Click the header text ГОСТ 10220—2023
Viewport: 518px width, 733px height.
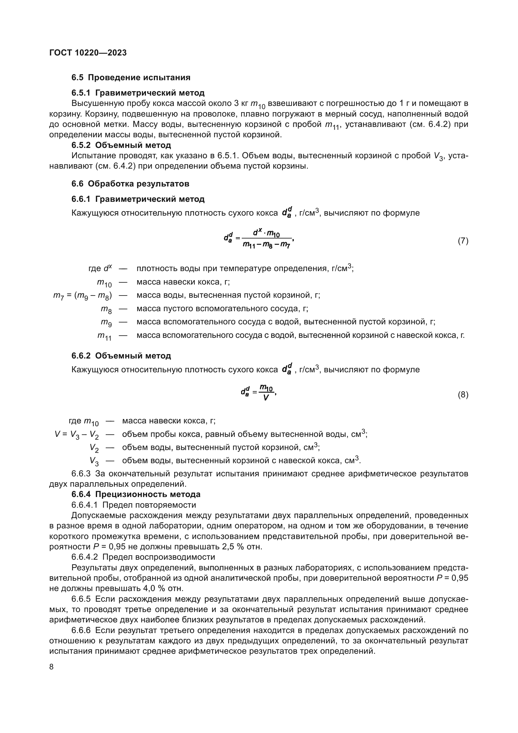(88, 53)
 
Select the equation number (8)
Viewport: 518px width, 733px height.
(463, 395)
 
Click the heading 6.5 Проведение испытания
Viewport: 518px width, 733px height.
(131, 78)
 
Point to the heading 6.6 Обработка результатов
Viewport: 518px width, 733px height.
(130, 184)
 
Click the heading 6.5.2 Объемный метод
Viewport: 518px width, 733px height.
(121, 146)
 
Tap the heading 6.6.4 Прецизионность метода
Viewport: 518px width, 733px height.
(136, 495)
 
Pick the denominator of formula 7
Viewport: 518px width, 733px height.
(266, 245)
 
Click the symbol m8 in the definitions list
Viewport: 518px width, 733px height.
(106, 309)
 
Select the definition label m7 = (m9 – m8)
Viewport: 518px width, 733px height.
(82, 296)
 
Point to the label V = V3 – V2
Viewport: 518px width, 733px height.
(76, 434)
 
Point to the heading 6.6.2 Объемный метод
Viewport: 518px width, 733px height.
(121, 356)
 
